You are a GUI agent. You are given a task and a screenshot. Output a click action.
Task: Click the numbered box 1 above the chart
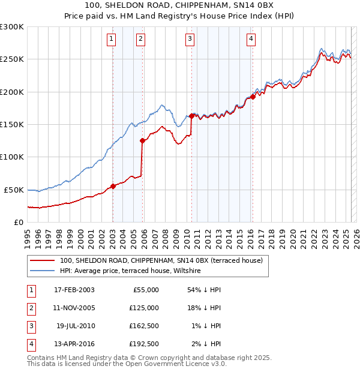point(112,40)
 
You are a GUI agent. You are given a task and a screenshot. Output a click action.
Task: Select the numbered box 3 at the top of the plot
point(190,40)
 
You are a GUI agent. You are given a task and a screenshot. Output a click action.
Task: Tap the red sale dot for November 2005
point(142,141)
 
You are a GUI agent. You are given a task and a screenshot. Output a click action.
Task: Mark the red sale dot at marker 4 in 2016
point(253,97)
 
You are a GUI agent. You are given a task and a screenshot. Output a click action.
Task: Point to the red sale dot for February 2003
point(113,186)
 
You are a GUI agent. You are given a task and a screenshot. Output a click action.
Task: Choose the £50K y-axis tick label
point(13,190)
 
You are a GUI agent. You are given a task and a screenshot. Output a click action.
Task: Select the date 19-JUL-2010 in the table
point(76,326)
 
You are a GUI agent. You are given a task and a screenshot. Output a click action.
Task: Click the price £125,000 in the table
point(143,308)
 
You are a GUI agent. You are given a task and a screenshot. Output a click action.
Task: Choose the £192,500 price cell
point(143,344)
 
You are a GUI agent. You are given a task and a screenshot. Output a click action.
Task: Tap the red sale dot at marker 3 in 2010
point(191,116)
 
